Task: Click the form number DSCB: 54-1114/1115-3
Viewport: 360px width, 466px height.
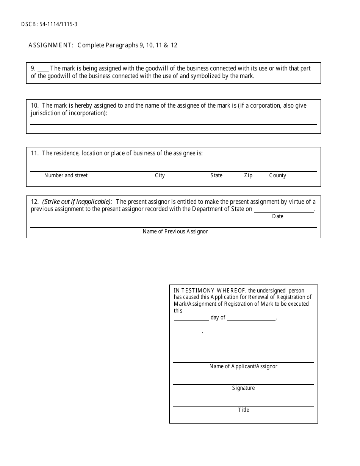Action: tap(50, 25)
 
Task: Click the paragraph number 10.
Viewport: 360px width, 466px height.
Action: tap(34, 105)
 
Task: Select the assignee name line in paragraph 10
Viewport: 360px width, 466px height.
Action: tap(173, 124)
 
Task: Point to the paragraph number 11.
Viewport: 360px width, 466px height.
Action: tap(34, 153)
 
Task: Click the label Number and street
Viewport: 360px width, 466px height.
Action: tap(66, 175)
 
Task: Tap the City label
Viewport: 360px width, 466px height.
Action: tap(160, 175)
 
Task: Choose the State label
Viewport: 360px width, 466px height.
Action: tap(216, 175)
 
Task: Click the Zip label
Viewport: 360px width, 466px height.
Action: tap(248, 175)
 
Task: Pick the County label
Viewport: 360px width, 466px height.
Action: tap(277, 175)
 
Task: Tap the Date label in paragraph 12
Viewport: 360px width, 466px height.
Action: tap(278, 216)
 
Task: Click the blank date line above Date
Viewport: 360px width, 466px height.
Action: tap(284, 211)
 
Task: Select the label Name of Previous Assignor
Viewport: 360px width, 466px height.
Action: tap(175, 231)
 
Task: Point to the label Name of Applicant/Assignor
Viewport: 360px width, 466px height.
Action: tap(243, 366)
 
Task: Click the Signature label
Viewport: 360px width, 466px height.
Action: tap(243, 388)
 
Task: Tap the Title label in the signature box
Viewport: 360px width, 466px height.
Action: tap(243, 410)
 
